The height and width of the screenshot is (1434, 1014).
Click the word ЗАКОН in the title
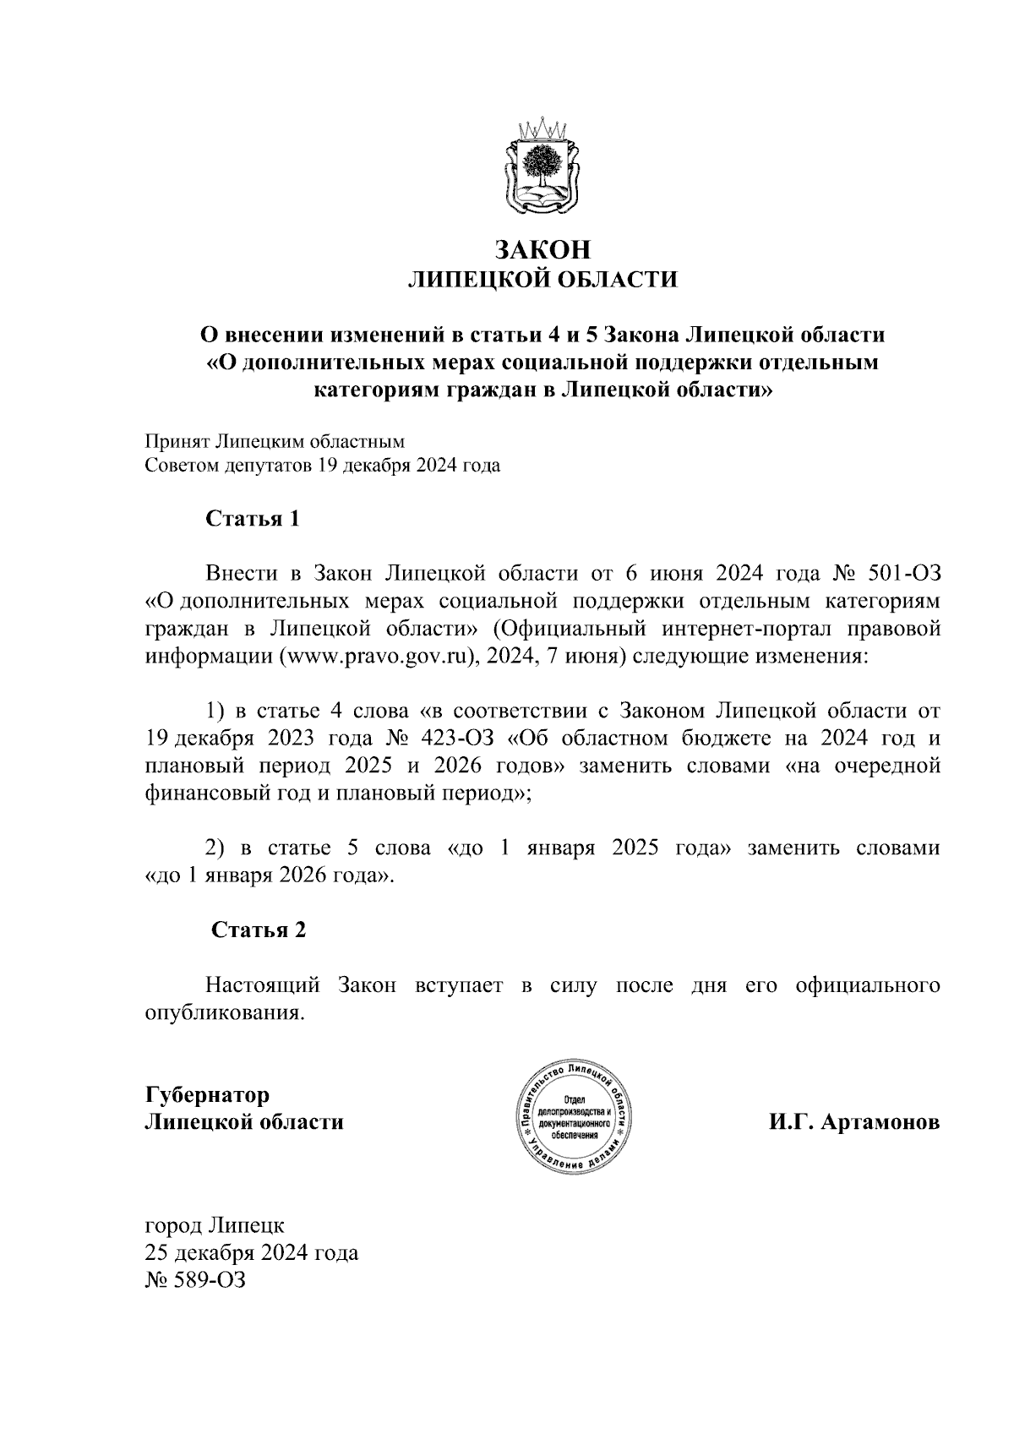542,250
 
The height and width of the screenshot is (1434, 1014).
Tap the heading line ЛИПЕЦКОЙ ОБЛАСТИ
542,280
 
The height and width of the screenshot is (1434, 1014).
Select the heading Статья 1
253,518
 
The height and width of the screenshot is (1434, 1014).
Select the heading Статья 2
258,930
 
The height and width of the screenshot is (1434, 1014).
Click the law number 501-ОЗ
904,574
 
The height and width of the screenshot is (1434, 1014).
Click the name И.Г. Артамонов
853,1123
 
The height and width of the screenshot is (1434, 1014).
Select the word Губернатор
208,1095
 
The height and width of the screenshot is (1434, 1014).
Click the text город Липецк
215,1224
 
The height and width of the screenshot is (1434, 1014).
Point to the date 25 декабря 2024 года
252,1251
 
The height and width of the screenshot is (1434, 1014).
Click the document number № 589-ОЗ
195,1279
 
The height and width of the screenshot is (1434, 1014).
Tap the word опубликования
223,1012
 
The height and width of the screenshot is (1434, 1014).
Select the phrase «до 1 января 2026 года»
270,875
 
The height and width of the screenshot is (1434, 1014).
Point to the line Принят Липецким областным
275,441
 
